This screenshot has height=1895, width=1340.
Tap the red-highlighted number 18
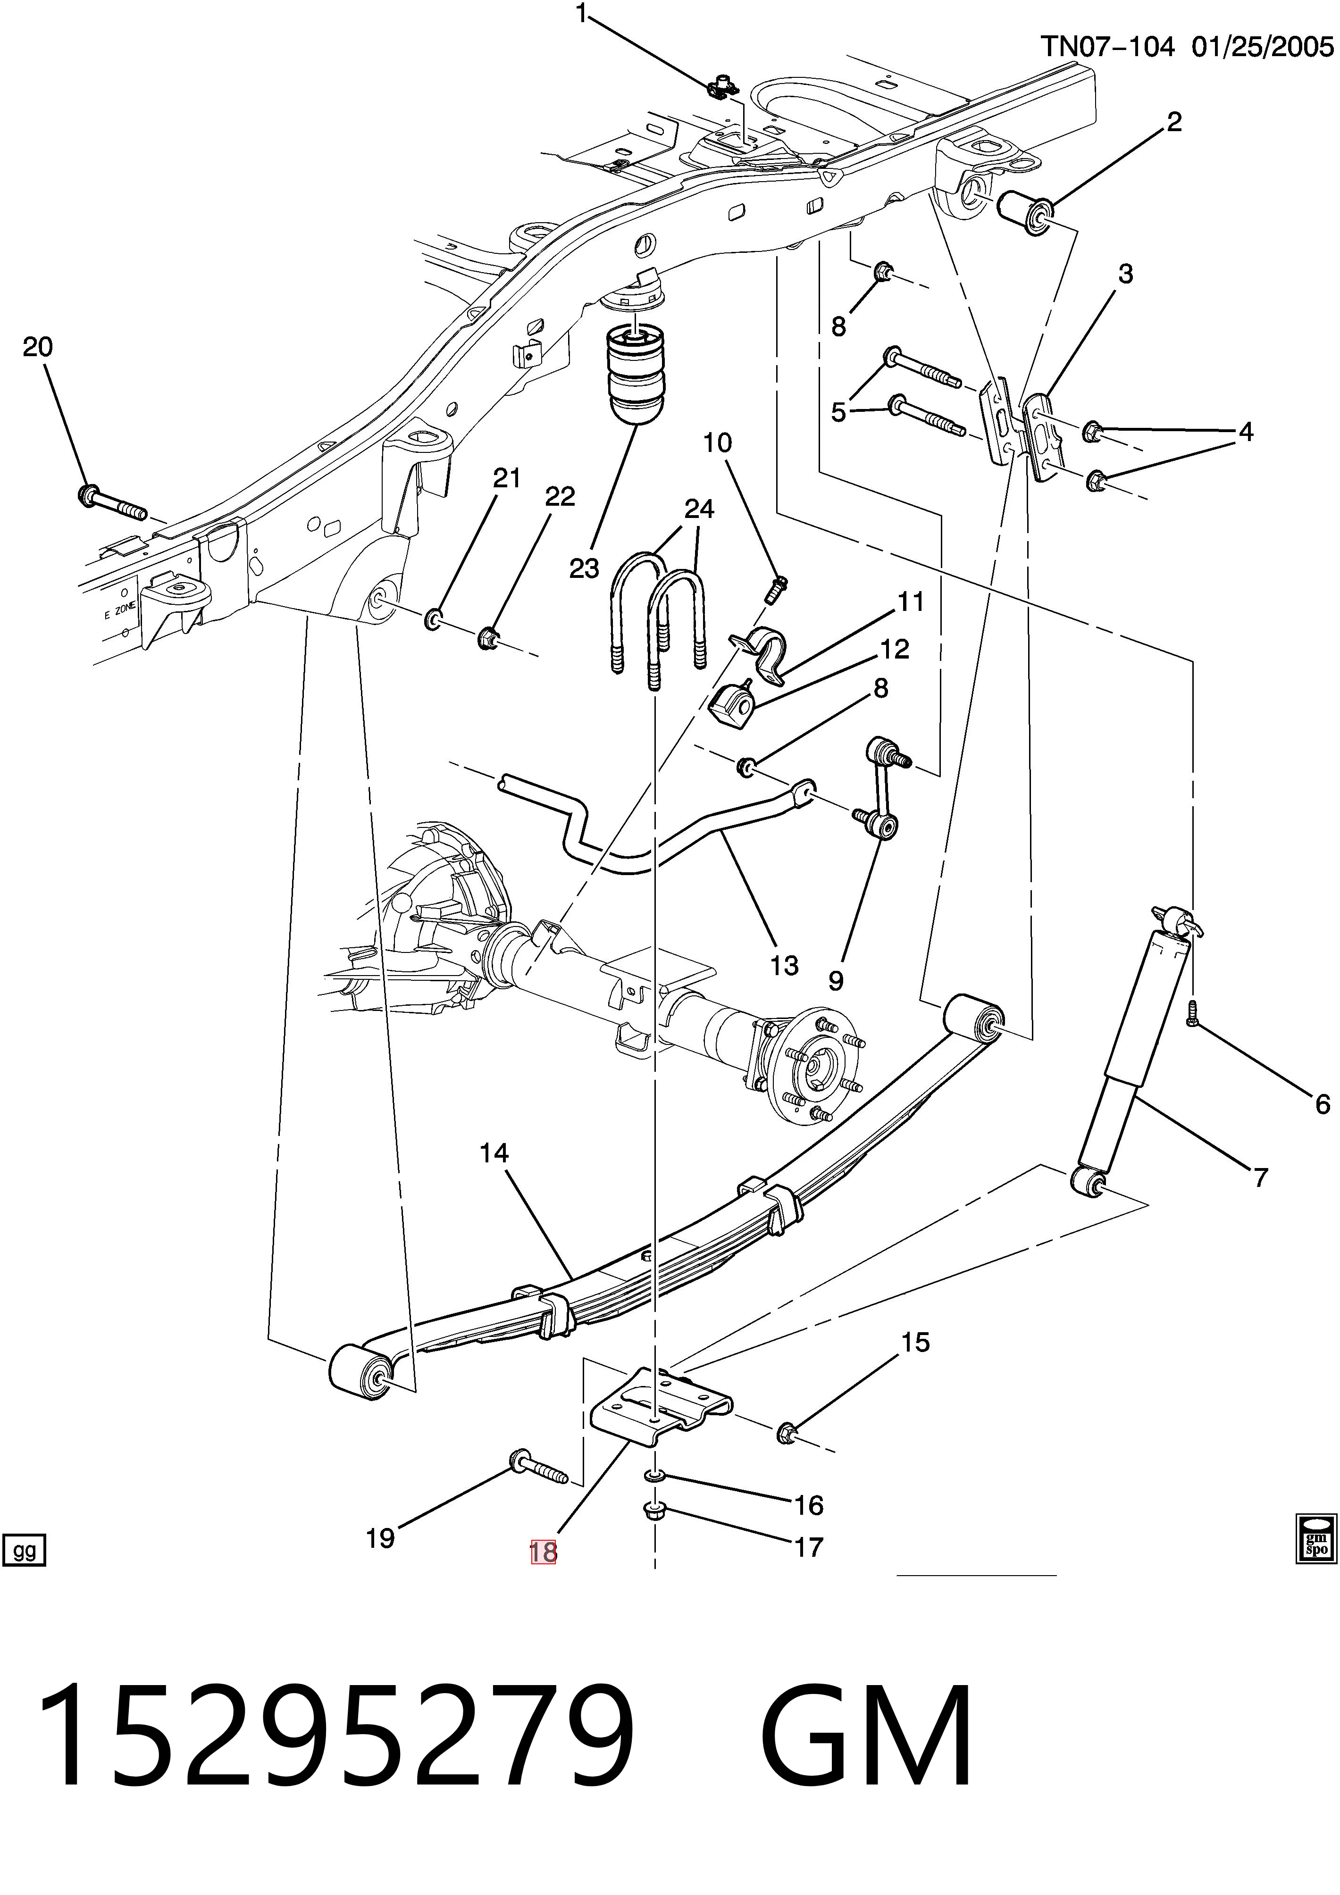tap(543, 1553)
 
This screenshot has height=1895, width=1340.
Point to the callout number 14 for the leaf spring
tap(494, 1153)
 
